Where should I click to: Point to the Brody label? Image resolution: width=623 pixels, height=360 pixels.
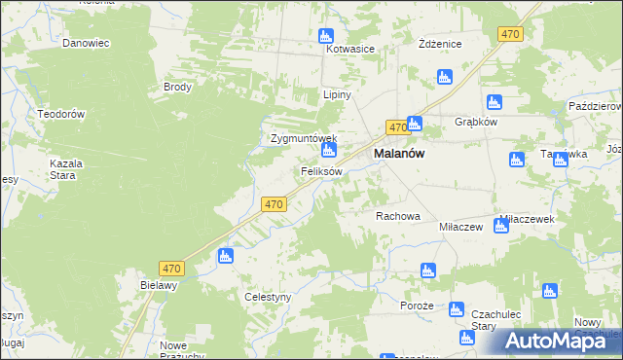[x=177, y=87]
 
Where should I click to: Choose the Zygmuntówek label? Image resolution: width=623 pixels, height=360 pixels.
[x=303, y=138]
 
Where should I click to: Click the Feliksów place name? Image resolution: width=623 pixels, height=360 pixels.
[x=320, y=171]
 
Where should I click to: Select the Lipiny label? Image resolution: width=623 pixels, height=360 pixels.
[x=337, y=95]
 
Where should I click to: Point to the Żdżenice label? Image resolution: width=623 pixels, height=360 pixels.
[x=439, y=45]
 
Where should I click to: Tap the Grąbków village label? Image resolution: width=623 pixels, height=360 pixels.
[x=476, y=123]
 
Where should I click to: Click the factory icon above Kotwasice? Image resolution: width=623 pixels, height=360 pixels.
[x=326, y=36]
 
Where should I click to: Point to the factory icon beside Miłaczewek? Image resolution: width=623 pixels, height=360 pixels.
[x=500, y=227]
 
